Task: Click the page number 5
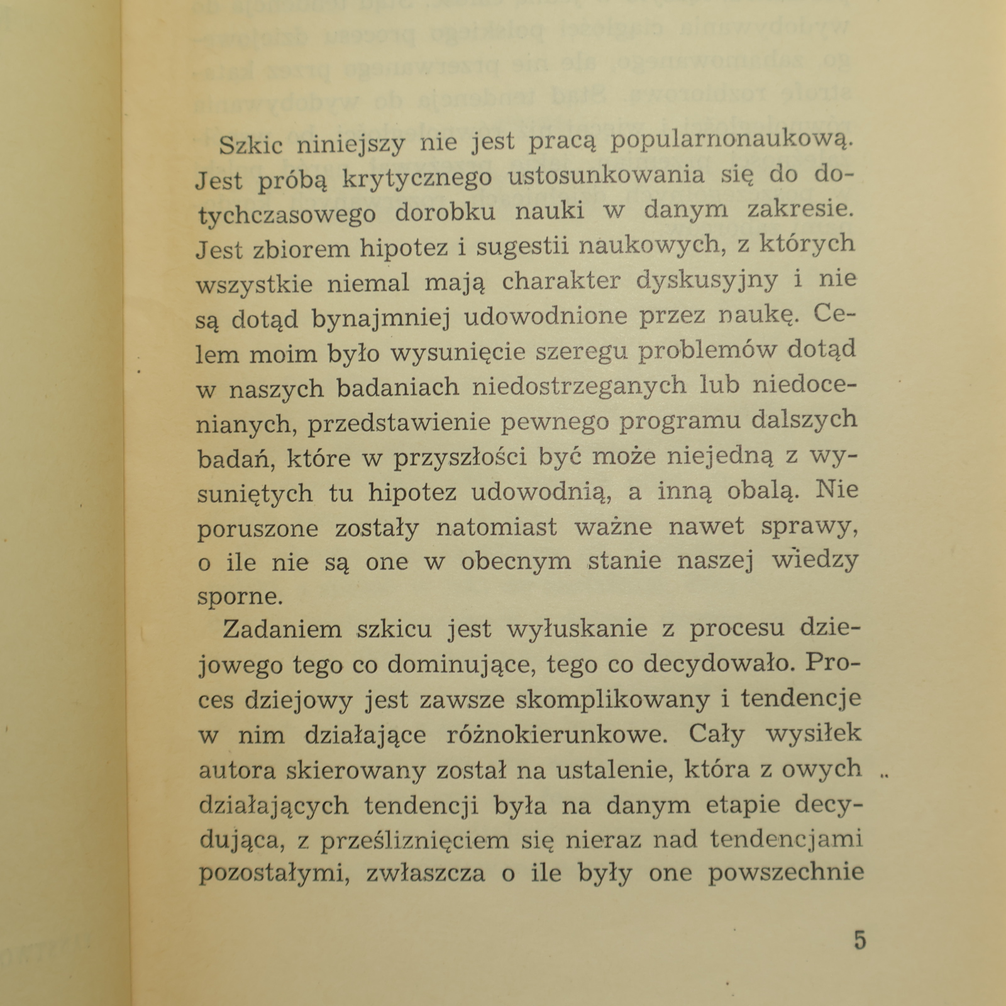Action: tap(860, 940)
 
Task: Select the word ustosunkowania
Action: tap(606, 175)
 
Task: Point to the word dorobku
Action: tap(445, 213)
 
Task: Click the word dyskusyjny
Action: tap(707, 280)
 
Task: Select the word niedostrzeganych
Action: tap(579, 385)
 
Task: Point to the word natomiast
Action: tap(496, 527)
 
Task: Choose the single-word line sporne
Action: tap(240, 595)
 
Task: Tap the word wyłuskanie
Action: tap(577, 629)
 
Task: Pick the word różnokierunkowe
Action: tap(555, 734)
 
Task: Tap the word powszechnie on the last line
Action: tap(785, 874)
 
